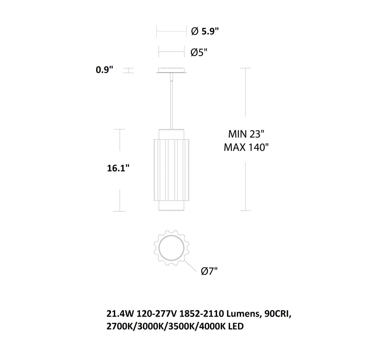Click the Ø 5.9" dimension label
point(205,31)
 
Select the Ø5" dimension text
point(199,52)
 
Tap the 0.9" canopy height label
point(104,70)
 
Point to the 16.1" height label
point(118,168)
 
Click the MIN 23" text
point(246,134)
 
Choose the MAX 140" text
point(246,147)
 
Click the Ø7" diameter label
point(209,271)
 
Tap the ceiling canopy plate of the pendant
point(172,71)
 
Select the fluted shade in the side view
point(172,170)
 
